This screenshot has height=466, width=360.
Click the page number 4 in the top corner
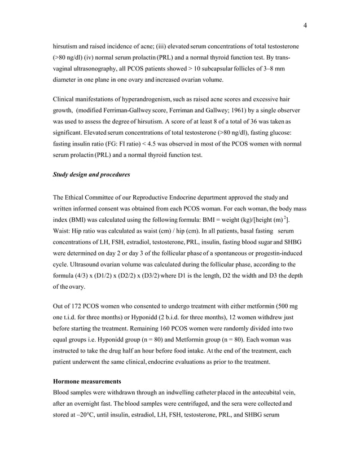tap(305, 25)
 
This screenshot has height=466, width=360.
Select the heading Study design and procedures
tap(91, 174)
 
